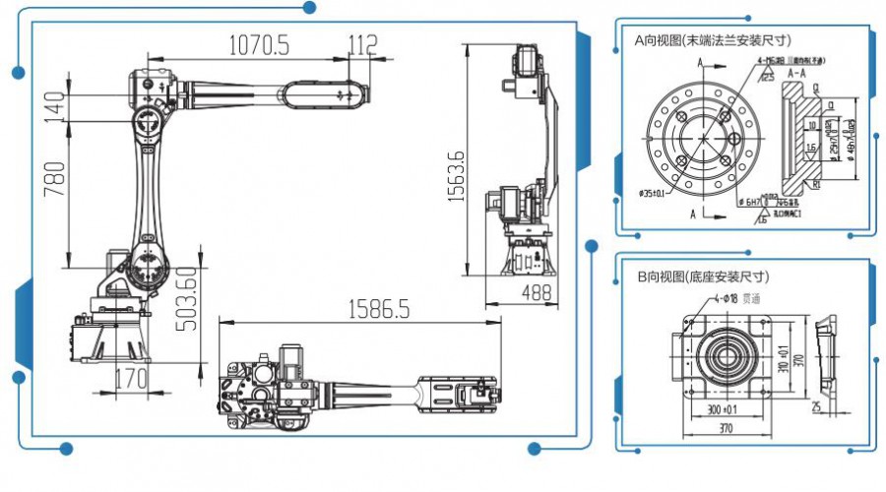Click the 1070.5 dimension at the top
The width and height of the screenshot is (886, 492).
[x=260, y=44]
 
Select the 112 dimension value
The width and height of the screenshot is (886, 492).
[x=362, y=43]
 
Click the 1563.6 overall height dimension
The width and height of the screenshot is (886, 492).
[x=456, y=178]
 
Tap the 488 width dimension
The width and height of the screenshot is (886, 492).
[x=537, y=292]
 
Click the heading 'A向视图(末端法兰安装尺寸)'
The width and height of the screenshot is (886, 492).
[x=714, y=40]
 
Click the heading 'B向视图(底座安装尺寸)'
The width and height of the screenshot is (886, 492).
[x=703, y=277]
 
